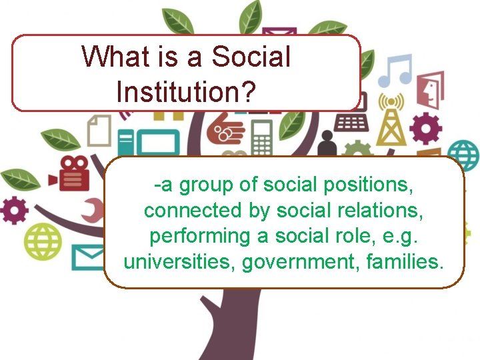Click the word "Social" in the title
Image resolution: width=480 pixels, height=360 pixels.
pyautogui.click(x=251, y=57)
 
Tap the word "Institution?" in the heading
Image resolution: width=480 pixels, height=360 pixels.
pyautogui.click(x=185, y=91)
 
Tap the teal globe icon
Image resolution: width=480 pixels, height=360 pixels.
pyautogui.click(x=463, y=155)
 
